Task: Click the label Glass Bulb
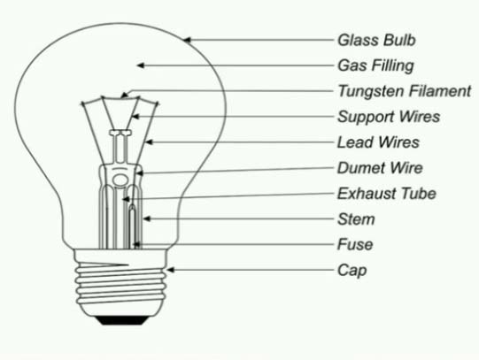click(x=376, y=41)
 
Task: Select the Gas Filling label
click(x=375, y=66)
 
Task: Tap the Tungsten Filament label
click(x=405, y=91)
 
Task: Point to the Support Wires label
click(x=389, y=117)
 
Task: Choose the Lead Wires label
click(x=378, y=142)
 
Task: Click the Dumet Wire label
click(x=380, y=168)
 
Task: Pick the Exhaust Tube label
click(x=386, y=194)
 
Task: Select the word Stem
click(x=356, y=219)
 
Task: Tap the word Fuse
click(x=355, y=245)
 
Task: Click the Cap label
click(x=352, y=271)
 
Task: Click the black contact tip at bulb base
click(x=122, y=320)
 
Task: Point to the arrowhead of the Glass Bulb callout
click(x=187, y=40)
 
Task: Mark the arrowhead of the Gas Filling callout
click(x=141, y=65)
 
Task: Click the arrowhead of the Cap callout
click(x=170, y=270)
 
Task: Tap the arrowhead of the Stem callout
click(x=147, y=218)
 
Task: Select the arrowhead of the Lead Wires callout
click(x=149, y=142)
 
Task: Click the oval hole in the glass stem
click(x=120, y=180)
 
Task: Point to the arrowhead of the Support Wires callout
click(x=135, y=117)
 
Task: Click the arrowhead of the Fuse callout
click(x=137, y=244)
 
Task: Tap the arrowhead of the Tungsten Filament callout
click(x=124, y=95)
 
